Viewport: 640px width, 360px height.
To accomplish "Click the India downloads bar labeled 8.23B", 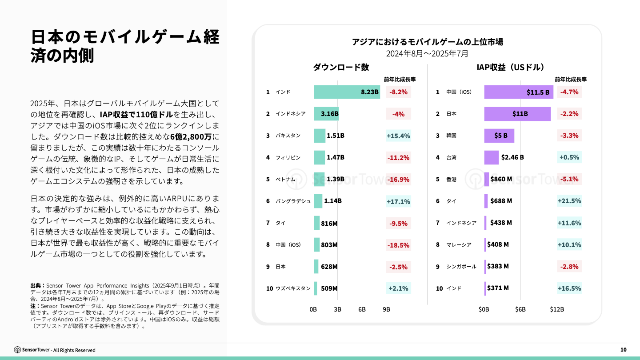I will point(347,92).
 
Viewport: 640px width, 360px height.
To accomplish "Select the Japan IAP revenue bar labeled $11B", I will point(517,114).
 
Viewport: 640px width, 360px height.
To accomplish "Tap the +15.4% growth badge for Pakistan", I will point(399,136).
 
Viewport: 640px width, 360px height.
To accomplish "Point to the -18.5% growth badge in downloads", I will point(399,245).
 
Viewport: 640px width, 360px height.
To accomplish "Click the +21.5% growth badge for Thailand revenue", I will point(569,201).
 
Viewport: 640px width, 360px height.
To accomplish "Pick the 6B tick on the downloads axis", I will point(362,309).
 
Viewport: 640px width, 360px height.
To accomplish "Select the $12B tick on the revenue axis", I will point(557,309).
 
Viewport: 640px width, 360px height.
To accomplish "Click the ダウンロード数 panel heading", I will point(341,67).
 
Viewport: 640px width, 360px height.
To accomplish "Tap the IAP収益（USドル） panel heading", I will point(511,67).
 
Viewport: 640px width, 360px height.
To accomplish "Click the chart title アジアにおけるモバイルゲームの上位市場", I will point(427,42).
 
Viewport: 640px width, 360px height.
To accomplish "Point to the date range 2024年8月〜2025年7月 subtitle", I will point(427,54).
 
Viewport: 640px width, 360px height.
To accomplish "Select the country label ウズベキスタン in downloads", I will point(293,288).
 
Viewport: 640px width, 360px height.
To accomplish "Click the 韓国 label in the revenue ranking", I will point(452,136).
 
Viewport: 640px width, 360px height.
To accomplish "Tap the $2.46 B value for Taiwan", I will point(512,157).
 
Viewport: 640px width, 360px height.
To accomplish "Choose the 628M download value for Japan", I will point(329,267).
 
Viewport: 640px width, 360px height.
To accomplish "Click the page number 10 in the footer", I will point(623,350).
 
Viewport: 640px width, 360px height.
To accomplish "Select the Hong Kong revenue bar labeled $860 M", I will point(487,179).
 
